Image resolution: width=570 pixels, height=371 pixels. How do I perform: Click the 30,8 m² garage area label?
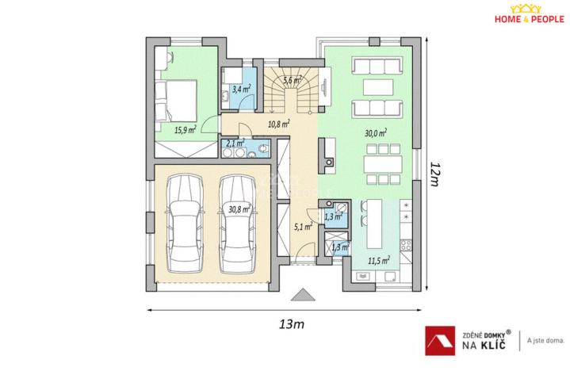[239, 210]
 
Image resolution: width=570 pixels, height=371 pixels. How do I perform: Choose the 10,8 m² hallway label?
[277, 124]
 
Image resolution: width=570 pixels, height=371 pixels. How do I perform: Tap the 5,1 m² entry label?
[302, 227]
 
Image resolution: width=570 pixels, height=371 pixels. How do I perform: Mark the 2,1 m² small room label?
[235, 144]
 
